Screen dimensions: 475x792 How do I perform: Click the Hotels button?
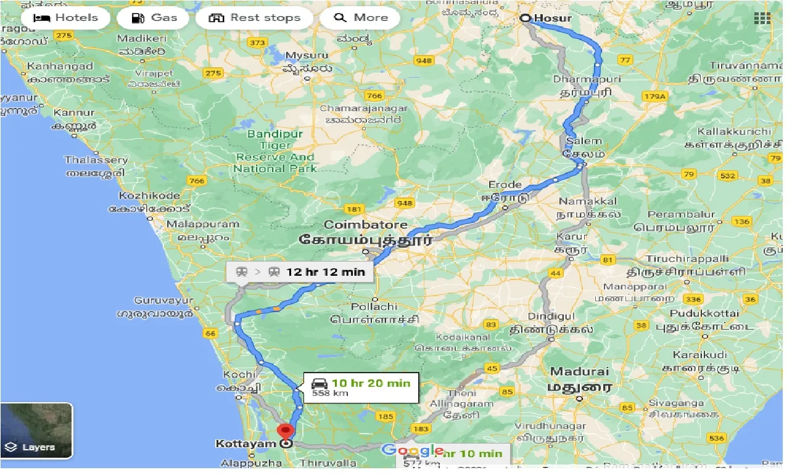65,18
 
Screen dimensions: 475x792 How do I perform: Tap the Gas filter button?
155,18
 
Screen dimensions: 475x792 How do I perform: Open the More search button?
361,18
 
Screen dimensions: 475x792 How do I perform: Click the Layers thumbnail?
36,431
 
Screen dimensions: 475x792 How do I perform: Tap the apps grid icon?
762,18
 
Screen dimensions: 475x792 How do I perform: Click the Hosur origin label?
552,18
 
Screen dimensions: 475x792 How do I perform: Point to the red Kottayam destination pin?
285,432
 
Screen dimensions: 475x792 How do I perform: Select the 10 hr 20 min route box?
361,388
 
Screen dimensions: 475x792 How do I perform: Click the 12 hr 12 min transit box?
300,271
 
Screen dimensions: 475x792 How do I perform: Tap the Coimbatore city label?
366,225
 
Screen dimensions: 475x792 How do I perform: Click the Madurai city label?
579,372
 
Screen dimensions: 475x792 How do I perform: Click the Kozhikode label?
150,196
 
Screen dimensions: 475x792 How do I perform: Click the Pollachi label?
374,307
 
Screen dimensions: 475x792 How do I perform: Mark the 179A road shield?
655,96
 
